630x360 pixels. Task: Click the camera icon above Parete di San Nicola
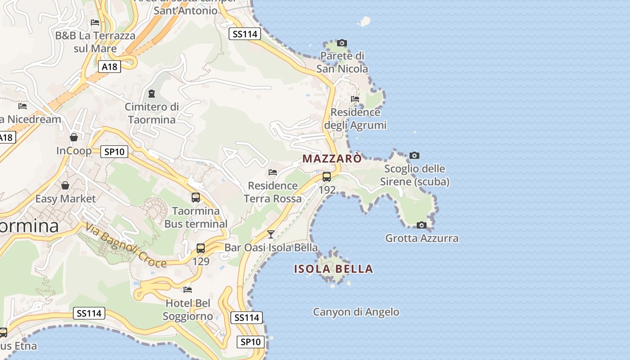click(342, 43)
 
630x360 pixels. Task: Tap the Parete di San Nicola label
click(342, 62)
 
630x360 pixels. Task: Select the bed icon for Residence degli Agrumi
click(355, 99)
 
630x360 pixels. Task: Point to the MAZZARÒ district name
click(332, 159)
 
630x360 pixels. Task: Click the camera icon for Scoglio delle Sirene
click(414, 156)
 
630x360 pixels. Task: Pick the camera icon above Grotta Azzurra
click(421, 225)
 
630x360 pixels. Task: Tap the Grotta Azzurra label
click(422, 238)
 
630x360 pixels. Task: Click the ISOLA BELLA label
click(333, 269)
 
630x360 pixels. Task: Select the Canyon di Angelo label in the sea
click(356, 312)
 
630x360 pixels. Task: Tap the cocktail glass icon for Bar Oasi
click(271, 234)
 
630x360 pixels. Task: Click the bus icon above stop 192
click(327, 176)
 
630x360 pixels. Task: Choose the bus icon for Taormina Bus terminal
click(196, 197)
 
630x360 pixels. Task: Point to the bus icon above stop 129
click(201, 248)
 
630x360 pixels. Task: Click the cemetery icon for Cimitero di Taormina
click(152, 94)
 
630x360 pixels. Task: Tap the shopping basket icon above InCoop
click(74, 137)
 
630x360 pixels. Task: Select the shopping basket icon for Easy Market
click(65, 185)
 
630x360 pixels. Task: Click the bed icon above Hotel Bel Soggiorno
click(188, 289)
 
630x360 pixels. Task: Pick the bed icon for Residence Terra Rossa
click(273, 172)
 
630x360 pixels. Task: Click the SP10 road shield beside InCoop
click(114, 152)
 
